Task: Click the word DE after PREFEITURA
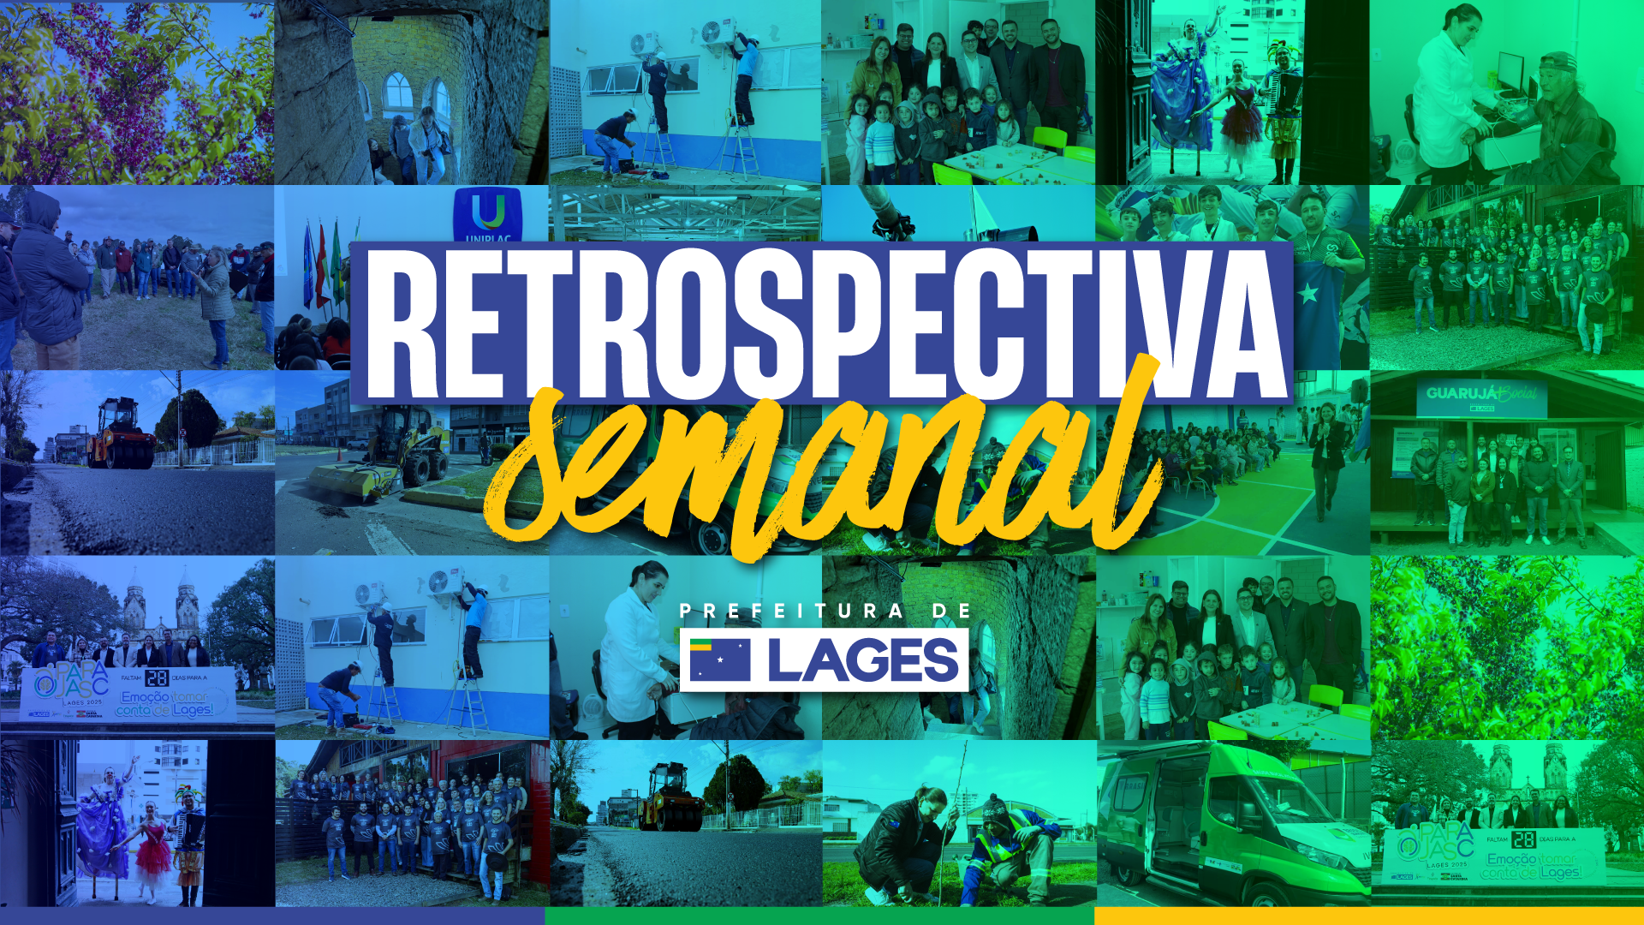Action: tap(952, 612)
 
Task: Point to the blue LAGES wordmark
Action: tap(863, 660)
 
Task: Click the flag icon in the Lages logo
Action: tap(719, 660)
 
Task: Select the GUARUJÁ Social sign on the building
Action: tap(1481, 395)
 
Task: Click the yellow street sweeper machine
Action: tap(402, 454)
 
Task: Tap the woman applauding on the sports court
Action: tap(1326, 454)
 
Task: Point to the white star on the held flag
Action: tap(1308, 294)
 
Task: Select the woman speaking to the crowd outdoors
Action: tap(214, 295)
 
